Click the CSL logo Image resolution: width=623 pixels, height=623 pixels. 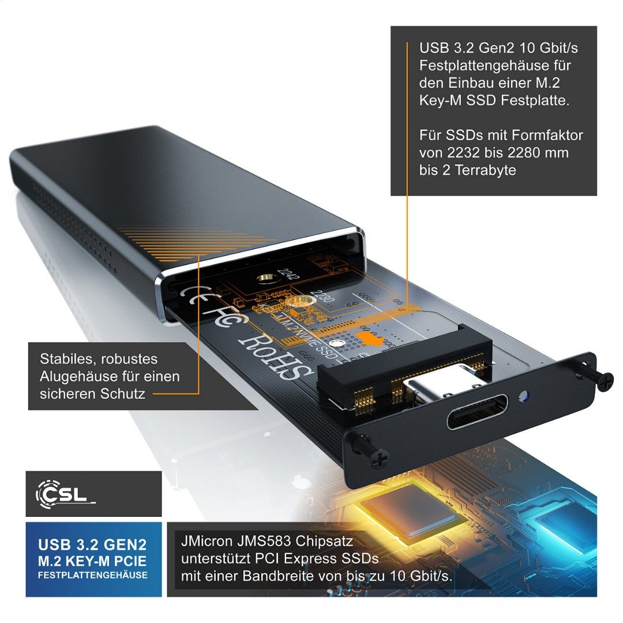pyautogui.click(x=65, y=494)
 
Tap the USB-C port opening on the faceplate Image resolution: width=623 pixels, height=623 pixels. pyautogui.click(x=476, y=411)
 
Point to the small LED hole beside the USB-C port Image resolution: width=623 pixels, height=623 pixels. pyautogui.click(x=523, y=397)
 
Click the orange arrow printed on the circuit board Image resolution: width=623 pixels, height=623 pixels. pyautogui.click(x=370, y=339)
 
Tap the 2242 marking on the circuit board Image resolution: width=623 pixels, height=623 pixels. pyautogui.click(x=287, y=277)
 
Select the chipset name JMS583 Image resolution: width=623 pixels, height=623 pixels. pyautogui.click(x=273, y=543)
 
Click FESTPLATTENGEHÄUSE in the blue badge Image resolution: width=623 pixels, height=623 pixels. pyautogui.click(x=93, y=575)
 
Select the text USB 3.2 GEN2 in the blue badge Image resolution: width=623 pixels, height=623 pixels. pyautogui.click(x=93, y=545)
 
